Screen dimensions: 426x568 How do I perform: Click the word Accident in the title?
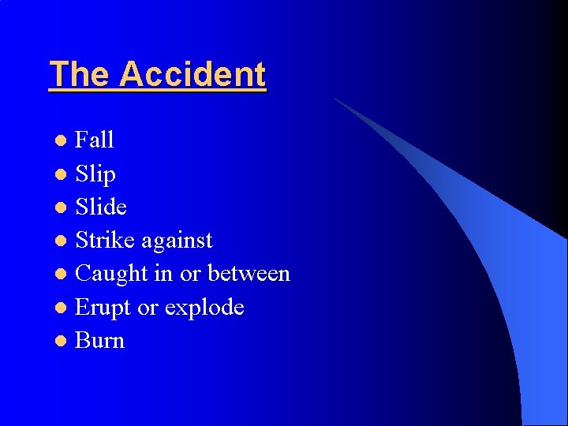pos(193,75)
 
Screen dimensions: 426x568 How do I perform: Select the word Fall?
pos(95,140)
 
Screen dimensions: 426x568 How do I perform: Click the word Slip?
pos(95,174)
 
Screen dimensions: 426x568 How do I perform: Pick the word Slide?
pos(101,207)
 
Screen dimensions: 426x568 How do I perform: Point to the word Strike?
pos(105,240)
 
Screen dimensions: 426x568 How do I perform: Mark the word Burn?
pos(99,341)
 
